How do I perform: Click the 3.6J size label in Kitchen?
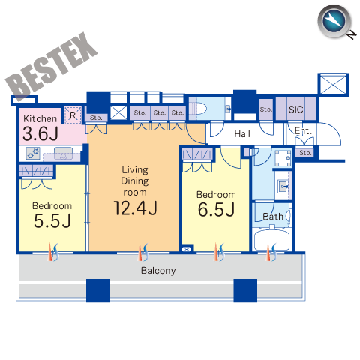pyautogui.click(x=40, y=133)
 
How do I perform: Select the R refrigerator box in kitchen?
pyautogui.click(x=73, y=115)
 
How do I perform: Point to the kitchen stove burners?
pyautogui.click(x=33, y=154)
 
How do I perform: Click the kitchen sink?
pyautogui.click(x=63, y=153)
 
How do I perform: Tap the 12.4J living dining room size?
pyautogui.click(x=135, y=208)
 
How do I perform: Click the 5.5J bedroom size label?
pyautogui.click(x=52, y=221)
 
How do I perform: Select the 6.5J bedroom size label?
pyautogui.click(x=217, y=209)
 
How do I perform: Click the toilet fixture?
pyautogui.click(x=198, y=109)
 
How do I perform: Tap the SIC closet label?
pyautogui.click(x=296, y=109)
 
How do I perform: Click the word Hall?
pyautogui.click(x=242, y=134)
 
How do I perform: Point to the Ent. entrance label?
pyautogui.click(x=303, y=131)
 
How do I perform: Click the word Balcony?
pyautogui.click(x=158, y=271)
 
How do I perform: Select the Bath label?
pyautogui.click(x=273, y=217)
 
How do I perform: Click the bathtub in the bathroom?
pyautogui.click(x=272, y=240)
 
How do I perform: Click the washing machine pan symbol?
pyautogui.click(x=283, y=158)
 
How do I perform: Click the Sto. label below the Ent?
pyautogui.click(x=305, y=153)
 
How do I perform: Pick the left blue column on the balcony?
pyautogui.click(x=98, y=290)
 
